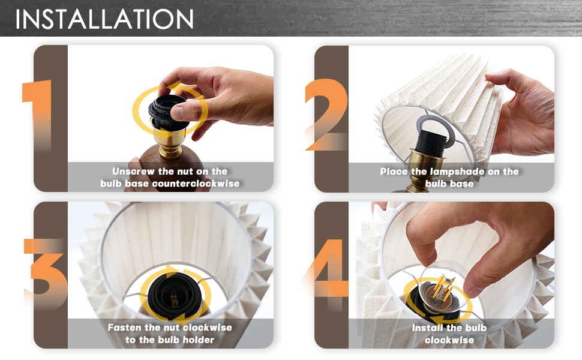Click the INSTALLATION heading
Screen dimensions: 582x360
[104, 19]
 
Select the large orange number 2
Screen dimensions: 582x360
[326, 115]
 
